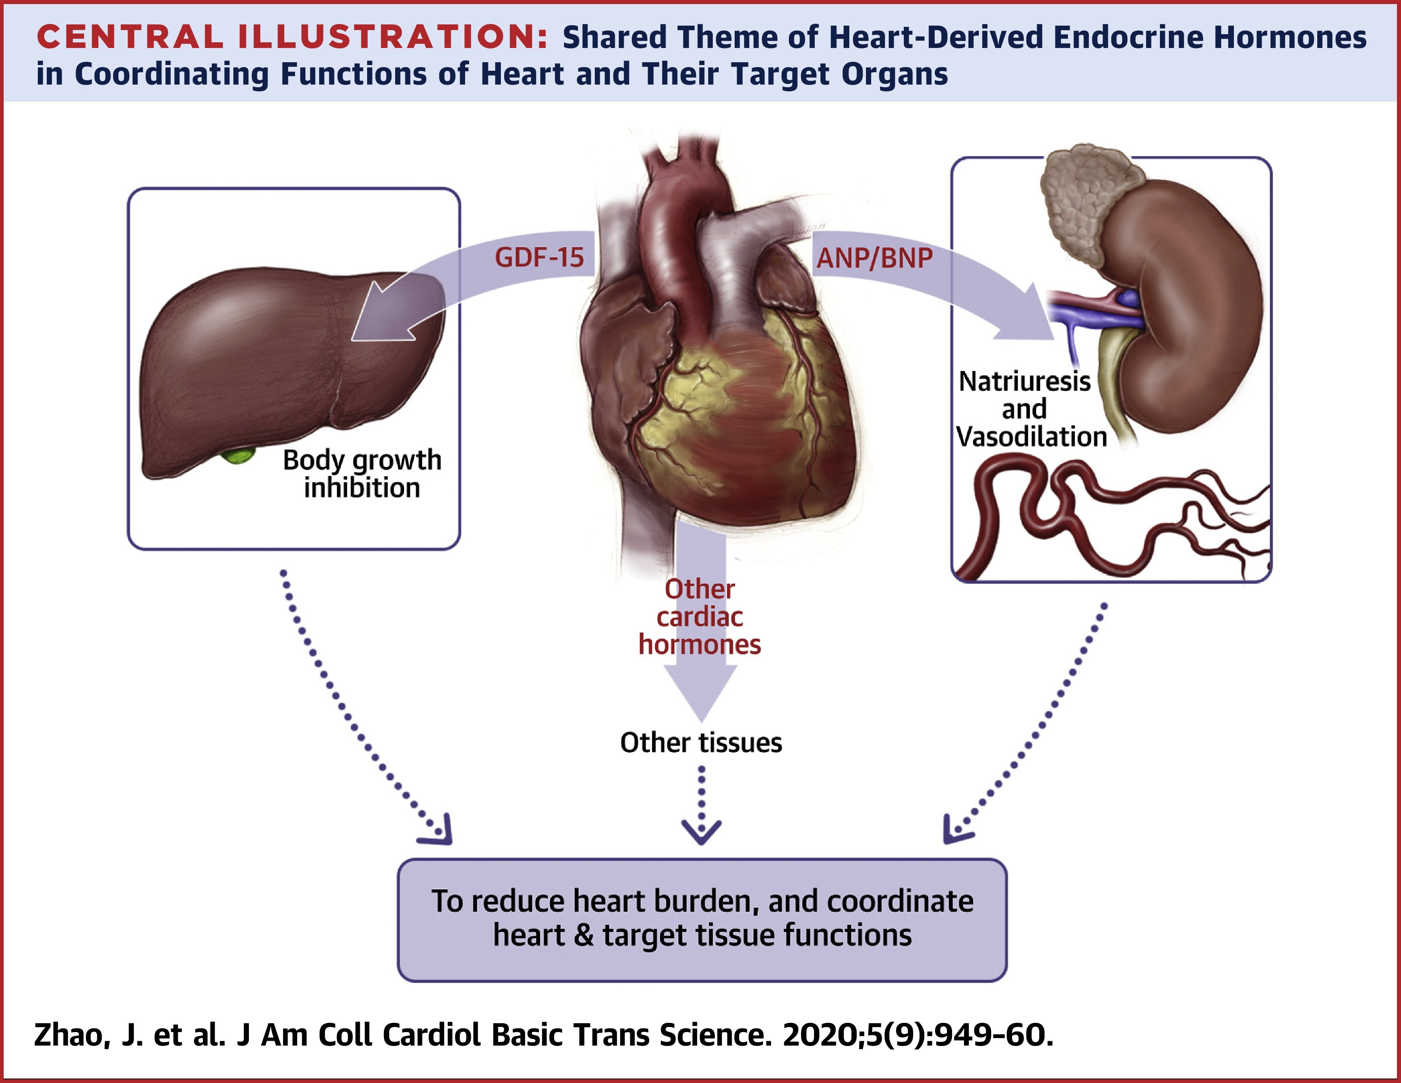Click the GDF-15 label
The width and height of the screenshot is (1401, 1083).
539,257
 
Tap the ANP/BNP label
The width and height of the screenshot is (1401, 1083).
875,258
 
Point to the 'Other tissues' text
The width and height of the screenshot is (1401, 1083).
701,742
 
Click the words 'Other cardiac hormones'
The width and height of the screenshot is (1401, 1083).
700,617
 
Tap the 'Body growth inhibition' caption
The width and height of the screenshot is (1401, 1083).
362,473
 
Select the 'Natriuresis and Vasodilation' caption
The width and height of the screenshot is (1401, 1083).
1031,409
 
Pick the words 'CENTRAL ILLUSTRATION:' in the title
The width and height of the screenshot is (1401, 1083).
292,37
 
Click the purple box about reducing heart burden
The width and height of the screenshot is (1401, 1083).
702,920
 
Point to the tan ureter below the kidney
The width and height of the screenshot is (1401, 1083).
1116,385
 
